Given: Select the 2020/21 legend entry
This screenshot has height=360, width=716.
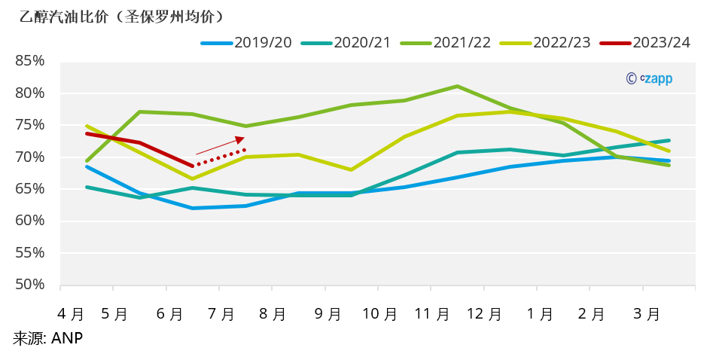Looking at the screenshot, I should (x=346, y=42).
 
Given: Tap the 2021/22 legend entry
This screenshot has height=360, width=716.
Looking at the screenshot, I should (x=446, y=42).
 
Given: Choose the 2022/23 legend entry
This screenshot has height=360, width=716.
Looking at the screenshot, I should (x=545, y=42).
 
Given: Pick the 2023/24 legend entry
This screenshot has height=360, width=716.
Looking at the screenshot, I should (x=645, y=42).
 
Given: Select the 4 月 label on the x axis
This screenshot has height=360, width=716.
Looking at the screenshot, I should (x=72, y=313).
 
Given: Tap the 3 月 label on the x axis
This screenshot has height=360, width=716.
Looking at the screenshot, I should (x=645, y=313).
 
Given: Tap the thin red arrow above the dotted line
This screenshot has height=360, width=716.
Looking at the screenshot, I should (x=220, y=145).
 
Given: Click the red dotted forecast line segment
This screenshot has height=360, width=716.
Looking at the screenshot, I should (x=221, y=157).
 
